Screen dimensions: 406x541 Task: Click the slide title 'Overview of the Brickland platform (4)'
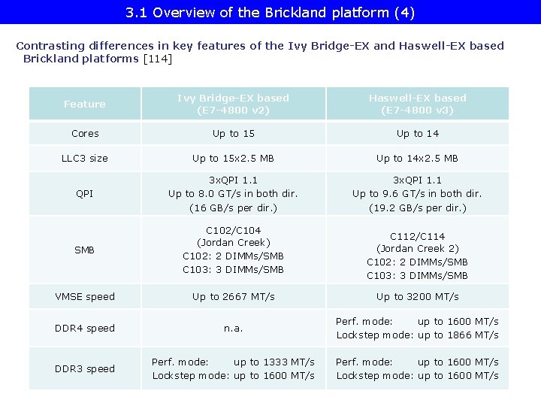pos(270,13)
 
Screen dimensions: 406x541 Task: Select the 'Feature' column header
pos(85,104)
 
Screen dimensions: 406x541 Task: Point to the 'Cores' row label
pos(85,133)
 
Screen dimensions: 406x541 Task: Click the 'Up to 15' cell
pos(233,133)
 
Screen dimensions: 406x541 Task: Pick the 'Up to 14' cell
pos(417,133)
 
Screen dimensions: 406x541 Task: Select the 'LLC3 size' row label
pos(85,158)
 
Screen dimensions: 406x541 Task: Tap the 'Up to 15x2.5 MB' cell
pos(233,158)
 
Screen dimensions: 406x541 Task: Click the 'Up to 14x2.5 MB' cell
pos(417,158)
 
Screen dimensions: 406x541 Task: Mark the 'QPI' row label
pos(85,194)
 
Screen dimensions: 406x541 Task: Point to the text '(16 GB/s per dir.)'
pos(233,208)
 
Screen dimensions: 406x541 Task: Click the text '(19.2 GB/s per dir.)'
pos(417,208)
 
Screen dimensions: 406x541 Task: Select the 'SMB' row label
pos(85,250)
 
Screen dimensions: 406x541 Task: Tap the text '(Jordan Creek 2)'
pos(417,248)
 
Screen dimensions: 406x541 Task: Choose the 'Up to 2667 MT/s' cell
pos(233,296)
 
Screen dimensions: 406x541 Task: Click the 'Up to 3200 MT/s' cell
pos(417,296)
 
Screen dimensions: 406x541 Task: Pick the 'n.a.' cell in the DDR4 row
pos(233,328)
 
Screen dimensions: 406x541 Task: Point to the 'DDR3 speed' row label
pos(85,368)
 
